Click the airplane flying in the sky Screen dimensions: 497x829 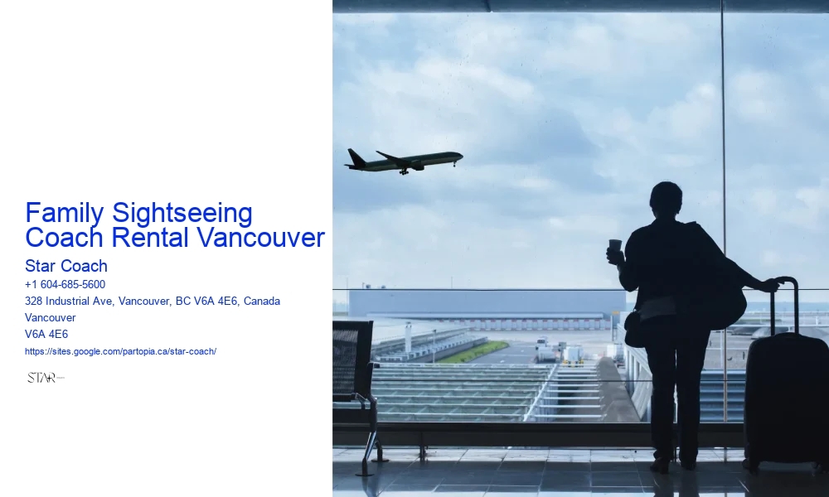pos(404,160)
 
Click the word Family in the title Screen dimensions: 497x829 pos(65,213)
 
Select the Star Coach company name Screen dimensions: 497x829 pos(66,266)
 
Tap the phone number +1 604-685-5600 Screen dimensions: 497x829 pos(65,284)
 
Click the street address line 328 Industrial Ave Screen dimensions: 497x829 pos(153,301)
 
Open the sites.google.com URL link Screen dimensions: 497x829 pos(121,351)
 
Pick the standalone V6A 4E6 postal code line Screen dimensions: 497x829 pos(46,334)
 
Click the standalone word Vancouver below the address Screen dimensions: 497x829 pos(51,317)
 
